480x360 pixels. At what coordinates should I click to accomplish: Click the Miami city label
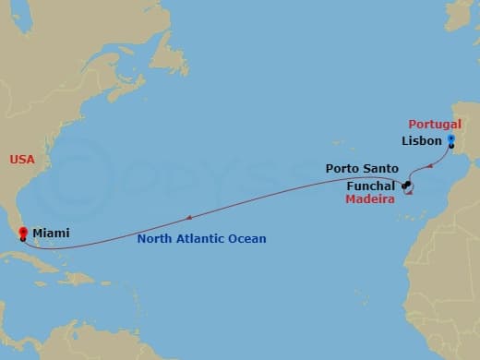50,234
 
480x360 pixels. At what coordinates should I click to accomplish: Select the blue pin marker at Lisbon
450,140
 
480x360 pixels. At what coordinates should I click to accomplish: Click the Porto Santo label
362,169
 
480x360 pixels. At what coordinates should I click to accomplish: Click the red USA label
22,160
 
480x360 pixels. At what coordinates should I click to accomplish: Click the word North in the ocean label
153,239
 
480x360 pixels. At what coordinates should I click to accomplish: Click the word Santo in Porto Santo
381,169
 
